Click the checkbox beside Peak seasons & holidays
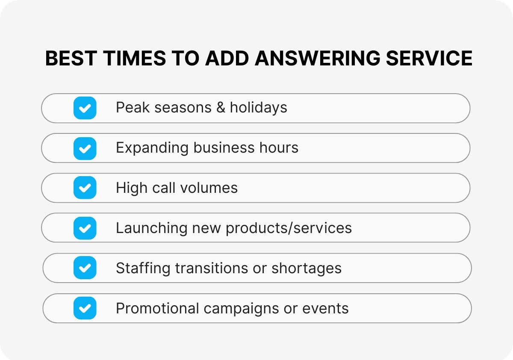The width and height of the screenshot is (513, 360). pos(85,108)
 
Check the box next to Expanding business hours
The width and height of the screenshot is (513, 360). pos(85,148)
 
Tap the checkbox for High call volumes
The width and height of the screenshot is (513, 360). pos(85,188)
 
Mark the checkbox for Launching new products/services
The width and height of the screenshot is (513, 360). pos(85,228)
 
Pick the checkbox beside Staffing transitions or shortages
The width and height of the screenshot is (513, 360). pos(85,268)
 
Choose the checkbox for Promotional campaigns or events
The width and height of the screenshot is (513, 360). pos(85,308)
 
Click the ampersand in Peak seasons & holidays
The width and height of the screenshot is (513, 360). pos(221,107)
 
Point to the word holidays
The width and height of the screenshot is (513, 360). pos(259,107)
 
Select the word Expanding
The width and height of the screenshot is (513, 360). pos(152,148)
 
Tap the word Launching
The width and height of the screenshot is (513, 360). pos(151,228)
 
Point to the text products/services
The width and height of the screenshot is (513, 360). pos(289,228)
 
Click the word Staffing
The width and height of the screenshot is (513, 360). pos(143,269)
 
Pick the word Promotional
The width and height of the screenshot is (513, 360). pos(157,308)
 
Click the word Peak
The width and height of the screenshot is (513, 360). pos(132,107)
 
